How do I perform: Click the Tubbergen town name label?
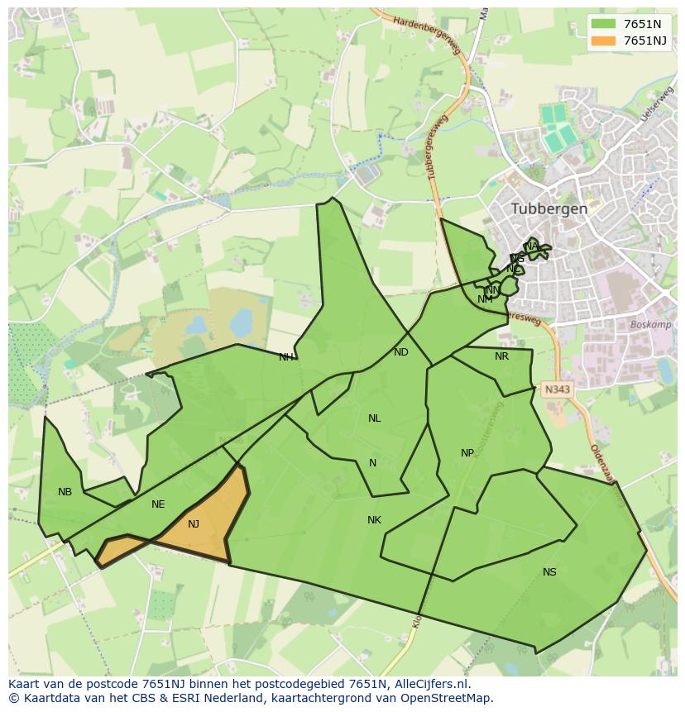[549, 209]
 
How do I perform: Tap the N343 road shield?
[557, 388]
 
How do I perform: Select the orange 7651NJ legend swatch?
[604, 41]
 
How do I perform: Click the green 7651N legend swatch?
[604, 24]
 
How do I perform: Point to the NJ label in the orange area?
[194, 524]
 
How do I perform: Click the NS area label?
[549, 572]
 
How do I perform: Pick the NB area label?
[65, 493]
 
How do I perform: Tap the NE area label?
[158, 504]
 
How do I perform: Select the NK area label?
[374, 520]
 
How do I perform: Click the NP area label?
[467, 453]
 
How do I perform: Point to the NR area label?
[501, 356]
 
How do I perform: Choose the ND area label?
[401, 352]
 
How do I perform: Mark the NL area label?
[374, 418]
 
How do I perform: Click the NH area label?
[285, 357]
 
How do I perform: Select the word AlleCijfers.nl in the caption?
[432, 685]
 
